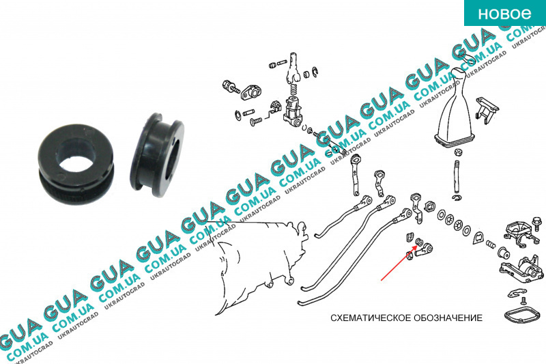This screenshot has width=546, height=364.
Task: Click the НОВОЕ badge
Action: [x=505, y=13]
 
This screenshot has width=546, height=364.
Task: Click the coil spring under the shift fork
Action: [x=293, y=91]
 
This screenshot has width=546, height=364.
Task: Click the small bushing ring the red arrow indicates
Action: [x=420, y=242]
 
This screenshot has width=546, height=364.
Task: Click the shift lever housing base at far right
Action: [x=521, y=271]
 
